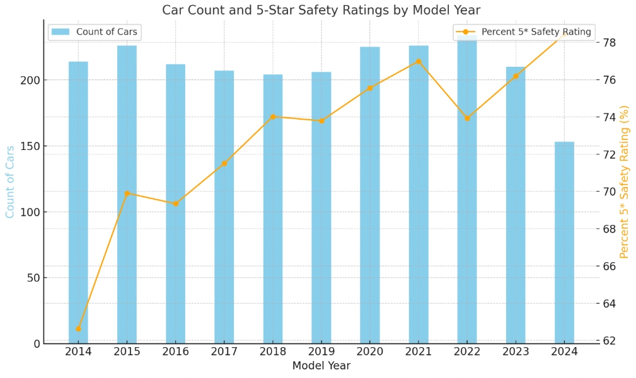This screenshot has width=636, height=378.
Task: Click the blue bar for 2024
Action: [564, 243]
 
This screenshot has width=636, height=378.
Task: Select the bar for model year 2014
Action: [78, 202]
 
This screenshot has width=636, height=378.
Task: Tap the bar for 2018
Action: [273, 208]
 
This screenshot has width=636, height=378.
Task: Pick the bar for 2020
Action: [370, 195]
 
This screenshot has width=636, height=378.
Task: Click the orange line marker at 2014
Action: [78, 328]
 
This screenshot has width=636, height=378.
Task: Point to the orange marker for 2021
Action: [419, 61]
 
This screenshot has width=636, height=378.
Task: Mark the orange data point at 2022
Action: [467, 118]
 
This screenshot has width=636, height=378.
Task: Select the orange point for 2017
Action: [224, 163]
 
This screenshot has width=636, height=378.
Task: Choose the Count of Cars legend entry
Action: [95, 32]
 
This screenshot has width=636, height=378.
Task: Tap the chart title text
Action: [321, 10]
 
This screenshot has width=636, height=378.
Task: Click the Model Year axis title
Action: [321, 365]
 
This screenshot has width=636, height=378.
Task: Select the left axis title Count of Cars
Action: [10, 181]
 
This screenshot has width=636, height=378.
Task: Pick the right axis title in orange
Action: [625, 181]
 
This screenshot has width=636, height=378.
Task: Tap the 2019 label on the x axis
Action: [321, 352]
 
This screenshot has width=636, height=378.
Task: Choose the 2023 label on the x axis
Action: [516, 352]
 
